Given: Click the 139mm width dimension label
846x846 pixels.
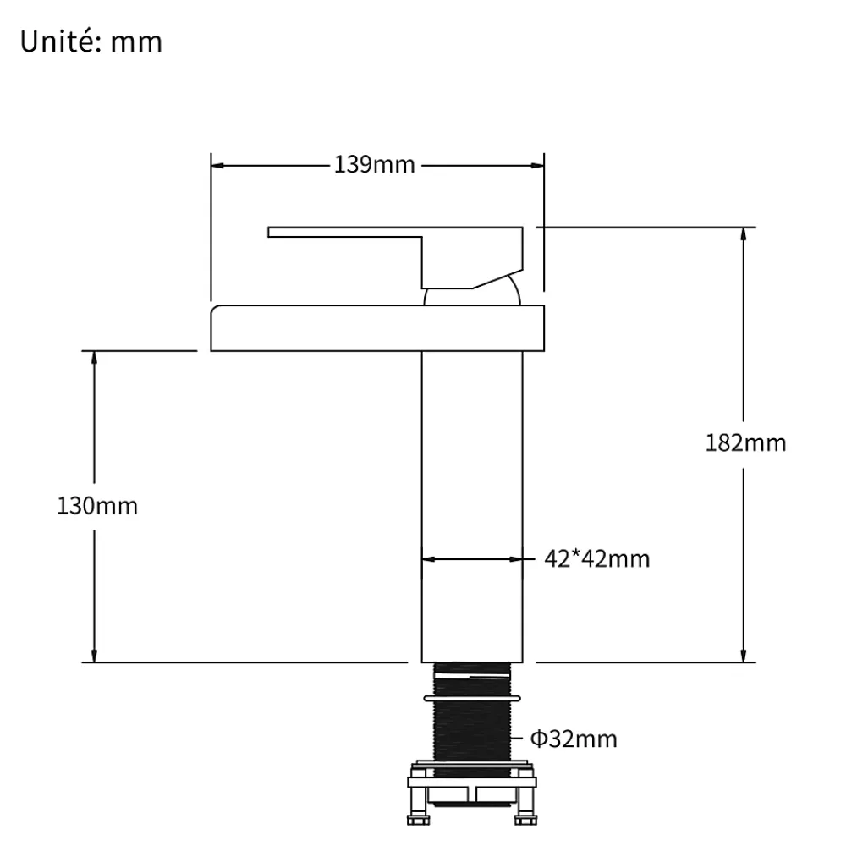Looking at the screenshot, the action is (375, 165).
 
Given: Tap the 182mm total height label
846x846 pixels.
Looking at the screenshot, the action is (745, 443).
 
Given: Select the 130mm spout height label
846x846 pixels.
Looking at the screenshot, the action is (97, 506).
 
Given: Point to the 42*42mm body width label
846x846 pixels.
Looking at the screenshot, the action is (596, 559).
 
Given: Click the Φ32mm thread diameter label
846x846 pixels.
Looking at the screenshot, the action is (574, 739).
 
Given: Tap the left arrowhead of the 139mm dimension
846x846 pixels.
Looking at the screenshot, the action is (217, 166).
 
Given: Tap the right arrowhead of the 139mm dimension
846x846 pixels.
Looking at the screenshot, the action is (538, 166).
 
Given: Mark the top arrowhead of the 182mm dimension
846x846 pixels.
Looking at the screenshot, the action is (744, 234).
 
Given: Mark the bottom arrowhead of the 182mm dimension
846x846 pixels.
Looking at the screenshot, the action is (744, 656).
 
